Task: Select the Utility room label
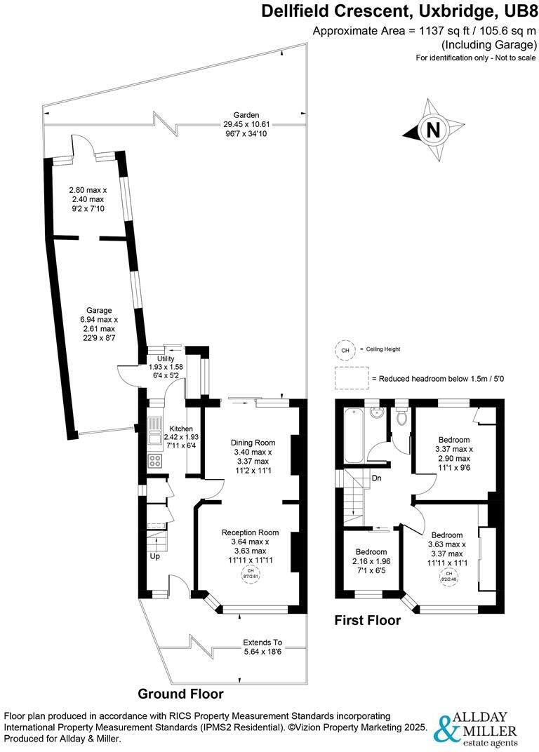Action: [x=166, y=358]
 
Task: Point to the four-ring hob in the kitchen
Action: [x=155, y=461]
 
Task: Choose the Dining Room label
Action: [x=253, y=443]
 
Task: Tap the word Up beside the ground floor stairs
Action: [x=154, y=556]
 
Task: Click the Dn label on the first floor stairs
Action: [x=376, y=479]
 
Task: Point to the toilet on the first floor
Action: [x=401, y=417]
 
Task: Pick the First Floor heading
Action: [x=367, y=620]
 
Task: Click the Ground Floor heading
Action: [x=180, y=694]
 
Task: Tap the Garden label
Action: [x=246, y=115]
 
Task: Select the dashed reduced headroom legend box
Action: [x=351, y=378]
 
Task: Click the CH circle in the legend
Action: [x=345, y=349]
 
